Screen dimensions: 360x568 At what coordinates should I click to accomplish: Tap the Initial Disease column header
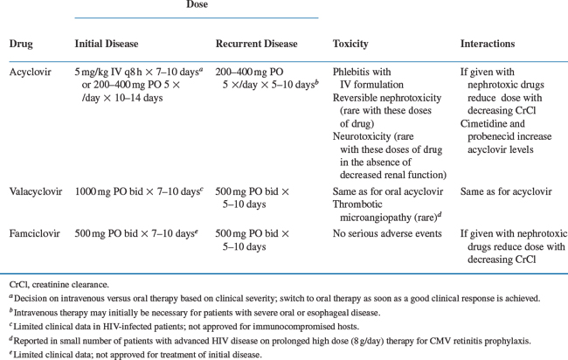coord(107,44)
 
